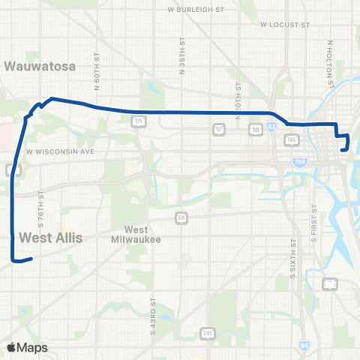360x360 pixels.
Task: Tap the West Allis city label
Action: coord(50,238)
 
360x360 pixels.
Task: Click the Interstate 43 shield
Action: coord(290,129)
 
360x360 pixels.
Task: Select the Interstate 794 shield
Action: coord(300,161)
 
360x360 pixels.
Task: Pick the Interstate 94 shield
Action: coord(304,345)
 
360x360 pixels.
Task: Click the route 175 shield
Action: coord(138,120)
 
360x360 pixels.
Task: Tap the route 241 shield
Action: coord(207,333)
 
